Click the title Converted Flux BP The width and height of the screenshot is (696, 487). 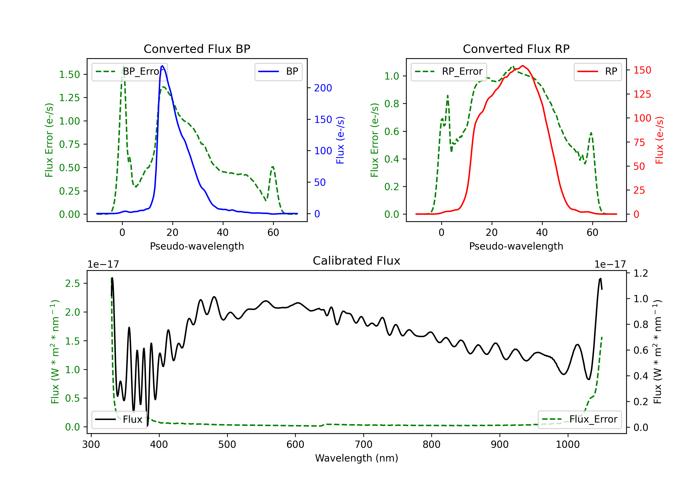[197, 49]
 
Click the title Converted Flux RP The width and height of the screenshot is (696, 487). [516, 49]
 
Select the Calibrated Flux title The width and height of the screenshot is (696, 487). [357, 261]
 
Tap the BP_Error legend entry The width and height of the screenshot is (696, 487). [130, 71]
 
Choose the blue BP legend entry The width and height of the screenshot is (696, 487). [278, 71]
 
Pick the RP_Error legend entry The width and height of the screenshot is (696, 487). [449, 71]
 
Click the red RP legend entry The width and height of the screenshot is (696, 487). [597, 71]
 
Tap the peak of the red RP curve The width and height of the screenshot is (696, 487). [523, 66]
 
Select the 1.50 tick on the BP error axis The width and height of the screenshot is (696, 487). [69, 74]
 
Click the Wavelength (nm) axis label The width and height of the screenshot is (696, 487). [357, 458]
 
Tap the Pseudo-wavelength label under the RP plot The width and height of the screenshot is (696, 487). [516, 246]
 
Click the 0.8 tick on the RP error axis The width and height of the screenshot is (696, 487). [392, 104]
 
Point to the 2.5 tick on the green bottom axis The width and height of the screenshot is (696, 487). [72, 283]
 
